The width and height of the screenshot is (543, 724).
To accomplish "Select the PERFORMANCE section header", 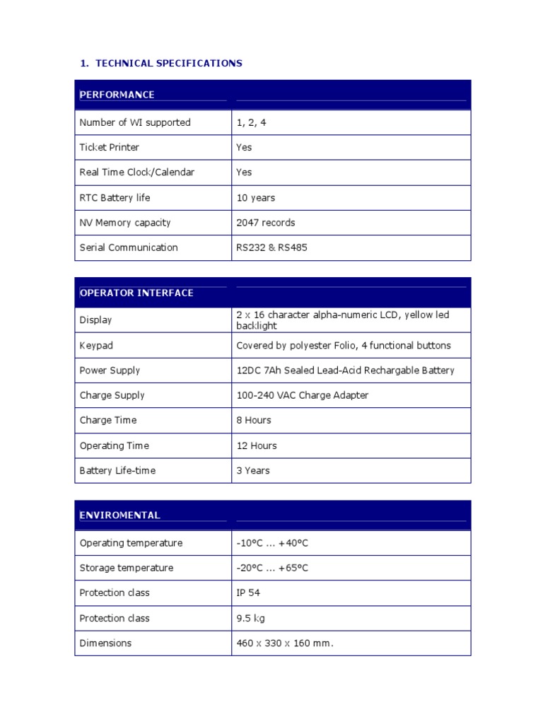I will point(117,95).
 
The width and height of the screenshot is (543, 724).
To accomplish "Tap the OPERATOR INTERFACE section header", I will point(136,293).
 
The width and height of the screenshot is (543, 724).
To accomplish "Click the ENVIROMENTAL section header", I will point(120,515).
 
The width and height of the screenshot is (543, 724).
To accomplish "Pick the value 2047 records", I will point(266,223).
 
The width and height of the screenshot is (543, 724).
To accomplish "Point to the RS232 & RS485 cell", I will point(271,248).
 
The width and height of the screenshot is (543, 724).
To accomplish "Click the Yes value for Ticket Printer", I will point(244,148).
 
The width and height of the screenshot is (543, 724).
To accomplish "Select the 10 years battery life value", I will point(256,198).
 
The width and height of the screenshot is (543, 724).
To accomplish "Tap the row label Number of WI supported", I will point(135,123).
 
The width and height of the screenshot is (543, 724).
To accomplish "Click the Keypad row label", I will point(96,346).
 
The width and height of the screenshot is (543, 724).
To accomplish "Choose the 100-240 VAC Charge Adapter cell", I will point(302,396).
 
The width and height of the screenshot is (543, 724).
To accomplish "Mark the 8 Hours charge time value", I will point(254,421).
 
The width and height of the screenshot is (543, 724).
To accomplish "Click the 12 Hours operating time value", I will point(257,446).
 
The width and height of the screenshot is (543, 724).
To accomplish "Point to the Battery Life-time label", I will point(117,471).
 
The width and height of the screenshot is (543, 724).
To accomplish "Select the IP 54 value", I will point(248,593).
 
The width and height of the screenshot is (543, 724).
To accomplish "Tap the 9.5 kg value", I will point(250,619).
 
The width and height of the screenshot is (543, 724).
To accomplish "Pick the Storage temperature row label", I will point(126,568).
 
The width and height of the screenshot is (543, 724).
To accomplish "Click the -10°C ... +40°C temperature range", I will point(272,544).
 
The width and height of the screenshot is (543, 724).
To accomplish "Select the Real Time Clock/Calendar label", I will point(136,173).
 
